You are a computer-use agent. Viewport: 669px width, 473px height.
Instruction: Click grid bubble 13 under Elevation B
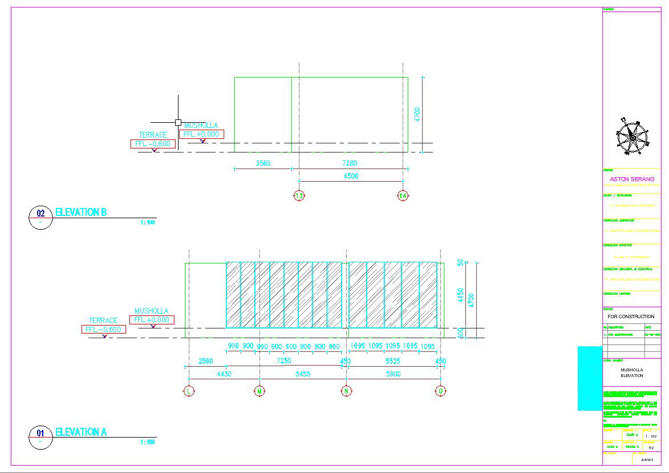(x=299, y=196)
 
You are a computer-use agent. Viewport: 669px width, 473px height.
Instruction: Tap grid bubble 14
(x=403, y=196)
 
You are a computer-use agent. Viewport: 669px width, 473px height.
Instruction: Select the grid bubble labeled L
(x=189, y=391)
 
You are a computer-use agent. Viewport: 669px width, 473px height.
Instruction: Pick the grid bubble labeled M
(x=260, y=391)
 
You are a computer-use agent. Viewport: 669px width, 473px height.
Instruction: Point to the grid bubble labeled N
(x=346, y=391)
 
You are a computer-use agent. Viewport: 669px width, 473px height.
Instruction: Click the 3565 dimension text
(x=263, y=163)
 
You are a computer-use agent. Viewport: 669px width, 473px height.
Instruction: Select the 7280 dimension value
(x=351, y=163)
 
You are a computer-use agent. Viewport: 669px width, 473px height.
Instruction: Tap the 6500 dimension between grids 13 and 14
(x=351, y=177)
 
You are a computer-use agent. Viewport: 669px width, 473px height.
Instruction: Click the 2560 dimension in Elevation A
(x=205, y=361)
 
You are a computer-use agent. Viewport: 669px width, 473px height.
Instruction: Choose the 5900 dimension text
(x=394, y=374)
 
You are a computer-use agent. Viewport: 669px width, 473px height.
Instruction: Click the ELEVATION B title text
(x=80, y=213)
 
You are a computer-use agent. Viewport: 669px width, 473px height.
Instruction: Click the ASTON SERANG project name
(x=632, y=179)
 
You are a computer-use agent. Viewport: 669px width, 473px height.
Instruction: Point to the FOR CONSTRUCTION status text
(x=631, y=316)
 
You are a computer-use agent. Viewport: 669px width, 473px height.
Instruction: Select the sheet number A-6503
(x=647, y=459)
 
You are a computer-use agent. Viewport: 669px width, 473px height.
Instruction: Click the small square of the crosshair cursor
(x=178, y=122)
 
